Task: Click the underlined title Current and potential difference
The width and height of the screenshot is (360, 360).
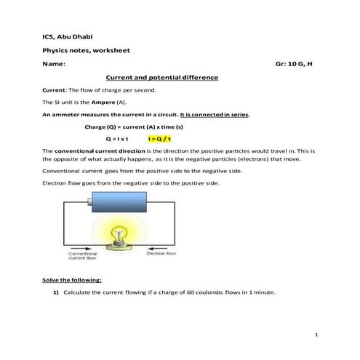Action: (x=161, y=77)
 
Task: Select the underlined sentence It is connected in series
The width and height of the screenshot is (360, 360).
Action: (x=215, y=114)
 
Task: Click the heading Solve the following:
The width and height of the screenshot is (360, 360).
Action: (x=72, y=280)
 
